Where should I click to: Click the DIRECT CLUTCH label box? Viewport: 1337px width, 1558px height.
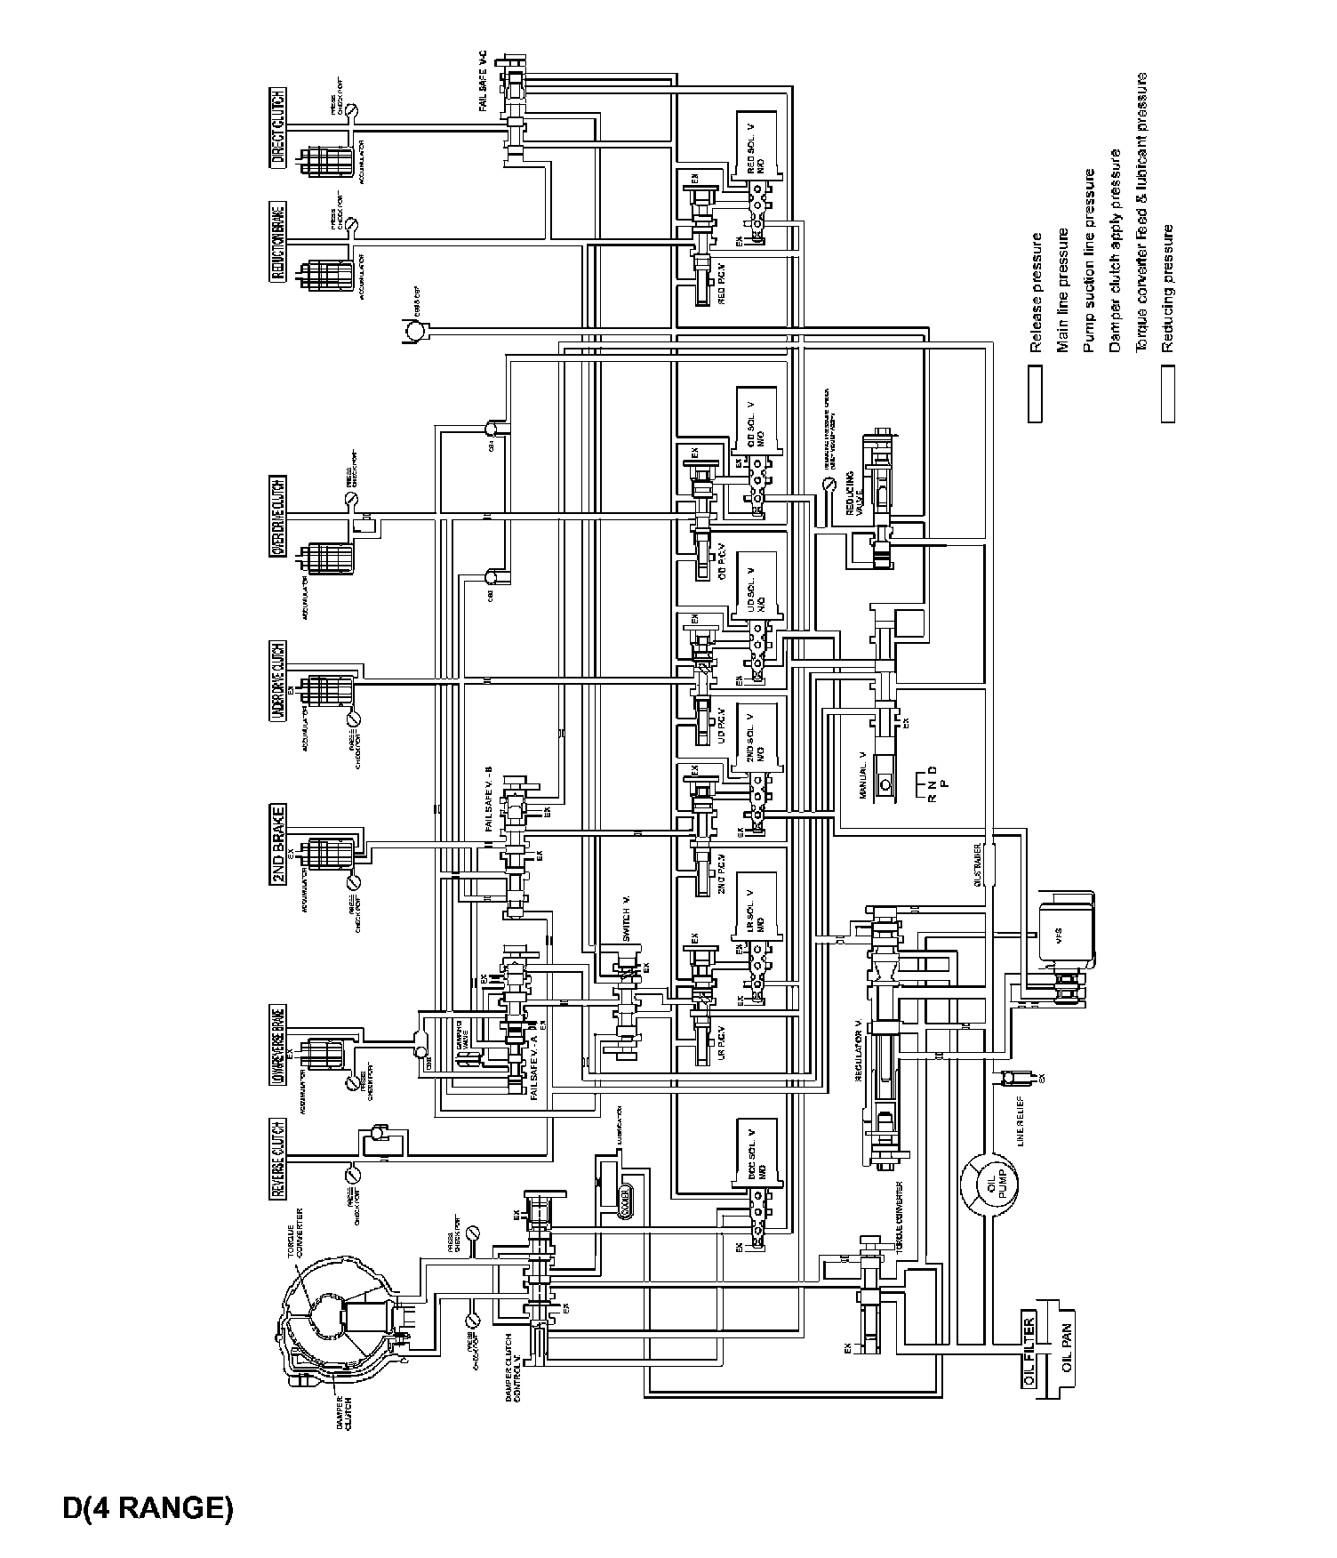278,128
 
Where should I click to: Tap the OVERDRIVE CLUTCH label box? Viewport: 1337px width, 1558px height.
278,516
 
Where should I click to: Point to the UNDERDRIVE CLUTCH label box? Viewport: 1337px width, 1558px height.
278,681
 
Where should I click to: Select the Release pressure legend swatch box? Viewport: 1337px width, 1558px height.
1035,392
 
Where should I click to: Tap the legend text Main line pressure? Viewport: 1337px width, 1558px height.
1062,290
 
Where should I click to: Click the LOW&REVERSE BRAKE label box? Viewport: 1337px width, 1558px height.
278,1048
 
